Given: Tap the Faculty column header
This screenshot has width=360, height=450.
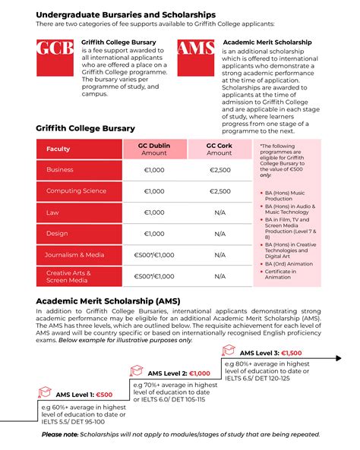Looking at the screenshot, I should tap(58, 149).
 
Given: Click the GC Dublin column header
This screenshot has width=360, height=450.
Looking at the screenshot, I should tap(153, 149).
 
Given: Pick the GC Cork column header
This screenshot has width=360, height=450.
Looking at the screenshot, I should tap(220, 149).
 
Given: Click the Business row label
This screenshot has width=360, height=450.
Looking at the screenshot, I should tap(60, 170).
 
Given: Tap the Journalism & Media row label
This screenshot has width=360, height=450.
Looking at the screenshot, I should tap(75, 255).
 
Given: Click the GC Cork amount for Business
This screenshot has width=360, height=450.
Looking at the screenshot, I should tap(220, 170).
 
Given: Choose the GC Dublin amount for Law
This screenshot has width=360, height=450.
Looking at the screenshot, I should tap(153, 212).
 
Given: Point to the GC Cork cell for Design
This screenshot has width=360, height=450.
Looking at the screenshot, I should tap(220, 234).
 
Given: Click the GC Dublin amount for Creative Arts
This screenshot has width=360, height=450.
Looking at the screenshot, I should tap(153, 277).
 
